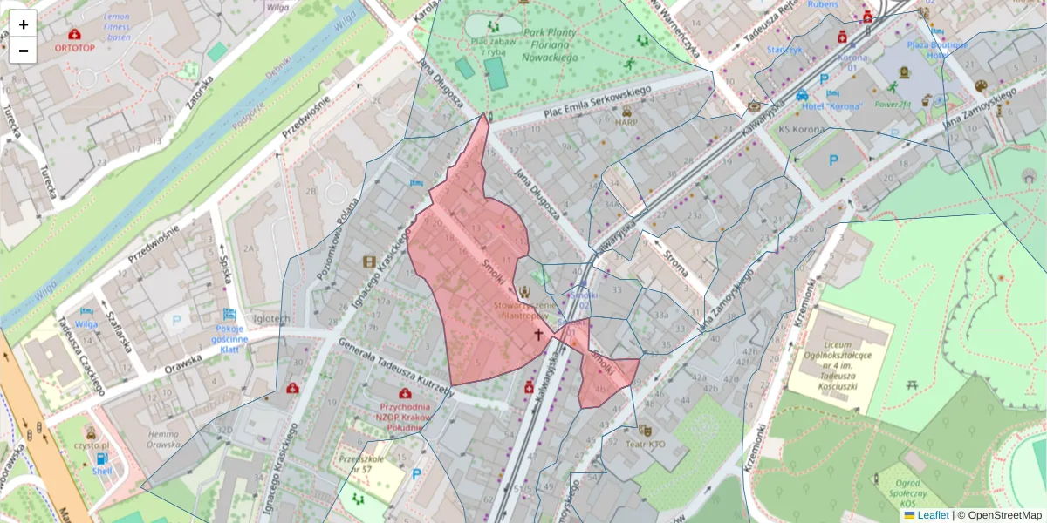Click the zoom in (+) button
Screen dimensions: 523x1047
(x=24, y=24)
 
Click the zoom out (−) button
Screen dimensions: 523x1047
(x=24, y=51)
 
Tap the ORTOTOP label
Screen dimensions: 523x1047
(x=74, y=48)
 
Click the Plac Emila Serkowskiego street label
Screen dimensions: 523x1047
(x=599, y=102)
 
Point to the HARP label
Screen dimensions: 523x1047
(x=626, y=123)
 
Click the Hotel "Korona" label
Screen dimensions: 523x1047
(x=832, y=105)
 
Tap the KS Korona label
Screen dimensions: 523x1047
(x=802, y=129)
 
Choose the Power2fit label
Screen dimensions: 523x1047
(x=893, y=104)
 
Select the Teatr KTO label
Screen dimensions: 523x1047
(x=645, y=443)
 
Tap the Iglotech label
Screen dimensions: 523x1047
(x=270, y=319)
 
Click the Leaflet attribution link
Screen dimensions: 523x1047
(x=932, y=515)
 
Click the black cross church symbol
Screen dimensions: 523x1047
(x=538, y=335)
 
